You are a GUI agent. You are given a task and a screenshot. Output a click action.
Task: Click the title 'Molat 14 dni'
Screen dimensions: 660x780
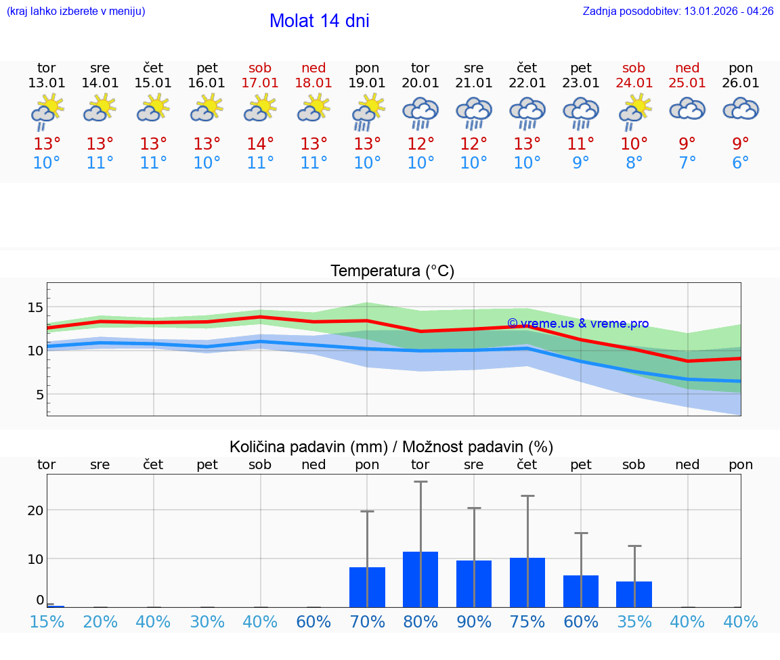tap(319, 21)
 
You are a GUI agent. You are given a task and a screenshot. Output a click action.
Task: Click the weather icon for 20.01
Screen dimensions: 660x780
tap(420, 113)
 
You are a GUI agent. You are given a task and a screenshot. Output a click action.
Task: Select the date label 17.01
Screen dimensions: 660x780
tap(260, 83)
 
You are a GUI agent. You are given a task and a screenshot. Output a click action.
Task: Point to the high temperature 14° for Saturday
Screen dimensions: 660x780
tap(260, 144)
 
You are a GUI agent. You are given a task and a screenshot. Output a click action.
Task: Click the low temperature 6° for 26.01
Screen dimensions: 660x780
tap(741, 163)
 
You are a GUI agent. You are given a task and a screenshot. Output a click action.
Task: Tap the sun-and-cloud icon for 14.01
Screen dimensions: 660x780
tap(100, 108)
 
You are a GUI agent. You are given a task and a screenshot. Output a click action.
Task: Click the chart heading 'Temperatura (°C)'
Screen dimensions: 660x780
tap(392, 271)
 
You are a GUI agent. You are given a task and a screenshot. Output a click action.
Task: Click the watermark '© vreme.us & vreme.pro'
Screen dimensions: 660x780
tap(578, 324)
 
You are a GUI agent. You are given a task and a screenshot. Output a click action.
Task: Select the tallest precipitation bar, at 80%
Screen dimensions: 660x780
tap(420, 579)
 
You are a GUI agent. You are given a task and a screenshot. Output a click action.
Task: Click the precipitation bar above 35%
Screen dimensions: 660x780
tap(634, 594)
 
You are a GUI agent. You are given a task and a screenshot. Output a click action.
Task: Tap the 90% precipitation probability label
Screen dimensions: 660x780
tap(474, 622)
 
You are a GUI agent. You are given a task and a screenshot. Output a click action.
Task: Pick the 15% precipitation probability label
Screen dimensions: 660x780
tap(47, 622)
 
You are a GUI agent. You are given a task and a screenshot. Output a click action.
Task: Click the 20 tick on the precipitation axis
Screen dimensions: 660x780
tap(35, 510)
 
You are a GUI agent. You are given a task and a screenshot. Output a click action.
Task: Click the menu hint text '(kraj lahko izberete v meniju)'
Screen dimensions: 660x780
tap(76, 12)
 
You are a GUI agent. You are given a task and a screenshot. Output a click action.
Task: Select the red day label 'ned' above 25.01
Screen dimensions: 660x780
tap(687, 68)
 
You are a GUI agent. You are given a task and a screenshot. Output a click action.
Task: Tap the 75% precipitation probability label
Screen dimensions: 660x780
tap(527, 622)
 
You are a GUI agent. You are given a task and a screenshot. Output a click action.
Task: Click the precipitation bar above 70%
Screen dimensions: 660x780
tap(367, 587)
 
